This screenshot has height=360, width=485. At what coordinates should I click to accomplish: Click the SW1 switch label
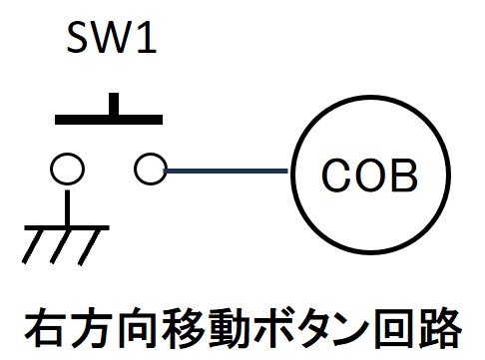coord(112,37)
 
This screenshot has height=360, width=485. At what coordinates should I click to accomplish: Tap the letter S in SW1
coord(79,37)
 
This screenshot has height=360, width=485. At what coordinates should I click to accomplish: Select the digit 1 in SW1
coord(148,37)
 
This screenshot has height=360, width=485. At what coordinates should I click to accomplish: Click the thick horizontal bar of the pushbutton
coord(109,120)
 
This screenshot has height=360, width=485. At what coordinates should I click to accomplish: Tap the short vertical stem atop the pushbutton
coord(114,104)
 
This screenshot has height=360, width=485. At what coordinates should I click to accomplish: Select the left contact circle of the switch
coord(67,169)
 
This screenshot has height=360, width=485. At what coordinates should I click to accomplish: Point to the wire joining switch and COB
coord(227,171)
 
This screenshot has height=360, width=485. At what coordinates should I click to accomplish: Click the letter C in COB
coord(336,175)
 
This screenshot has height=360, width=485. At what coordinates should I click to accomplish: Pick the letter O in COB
coord(369,175)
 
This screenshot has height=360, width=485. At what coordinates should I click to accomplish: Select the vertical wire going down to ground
coord(68,208)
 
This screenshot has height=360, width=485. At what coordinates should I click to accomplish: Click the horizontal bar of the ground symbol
coord(67,227)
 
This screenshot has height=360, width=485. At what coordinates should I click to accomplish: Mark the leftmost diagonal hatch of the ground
coord(33,246)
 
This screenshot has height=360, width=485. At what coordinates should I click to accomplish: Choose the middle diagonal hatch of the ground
coord(61,246)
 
